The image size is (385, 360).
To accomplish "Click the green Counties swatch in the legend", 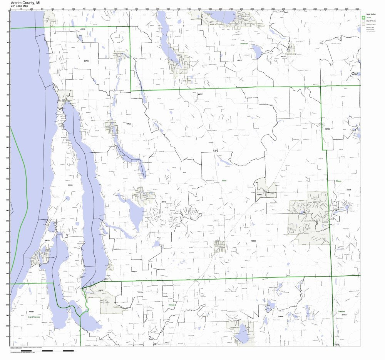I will [x=363, y=18].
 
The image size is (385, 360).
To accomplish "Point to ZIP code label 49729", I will [x=86, y=61].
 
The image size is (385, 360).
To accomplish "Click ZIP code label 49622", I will [x=129, y=124].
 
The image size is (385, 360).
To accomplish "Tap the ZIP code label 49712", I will [x=239, y=60].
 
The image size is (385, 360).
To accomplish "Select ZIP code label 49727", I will [x=200, y=94].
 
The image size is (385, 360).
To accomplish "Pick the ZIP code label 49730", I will [x=327, y=129].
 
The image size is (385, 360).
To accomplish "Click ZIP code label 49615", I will [x=164, y=202].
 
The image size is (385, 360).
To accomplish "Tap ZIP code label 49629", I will [x=47, y=240].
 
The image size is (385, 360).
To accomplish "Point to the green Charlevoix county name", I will [x=243, y=43].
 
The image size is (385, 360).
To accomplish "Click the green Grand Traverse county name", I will [x=34, y=317].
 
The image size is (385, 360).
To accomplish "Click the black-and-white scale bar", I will [x=58, y=351].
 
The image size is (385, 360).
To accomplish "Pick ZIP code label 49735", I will [x=349, y=190].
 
